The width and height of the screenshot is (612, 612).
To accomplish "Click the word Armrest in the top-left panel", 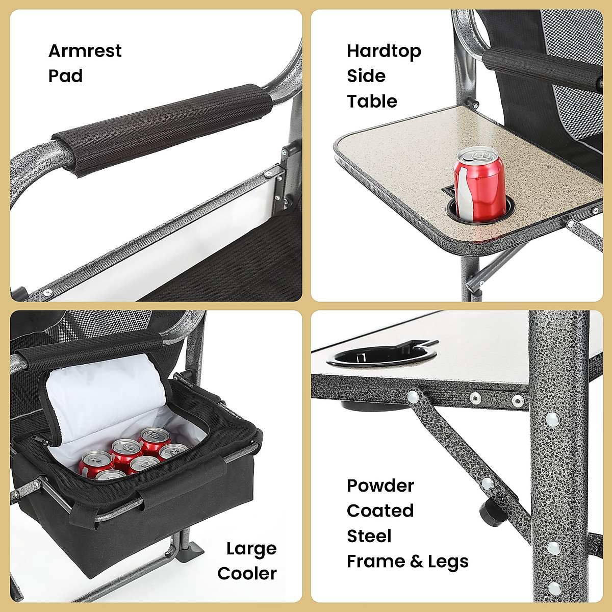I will tap(85, 51).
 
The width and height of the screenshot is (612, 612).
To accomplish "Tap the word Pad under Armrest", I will tap(65, 76).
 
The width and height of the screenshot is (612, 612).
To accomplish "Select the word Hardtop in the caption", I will tap(384, 51).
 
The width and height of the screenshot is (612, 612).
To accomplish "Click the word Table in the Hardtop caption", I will tap(372, 101).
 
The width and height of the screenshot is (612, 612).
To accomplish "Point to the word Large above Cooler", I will tap(251, 549).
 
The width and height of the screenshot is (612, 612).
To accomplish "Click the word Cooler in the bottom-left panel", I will tap(247, 573).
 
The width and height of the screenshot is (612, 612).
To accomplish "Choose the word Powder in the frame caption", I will tap(380, 486).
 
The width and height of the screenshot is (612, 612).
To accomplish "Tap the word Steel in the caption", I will tap(369, 536).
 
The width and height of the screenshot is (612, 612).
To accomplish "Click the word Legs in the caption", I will tap(448, 561).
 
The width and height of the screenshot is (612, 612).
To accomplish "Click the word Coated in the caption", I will tap(380, 511).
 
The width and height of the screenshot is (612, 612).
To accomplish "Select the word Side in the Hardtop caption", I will tap(366, 76).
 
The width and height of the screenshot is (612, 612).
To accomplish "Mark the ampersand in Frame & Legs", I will tap(416, 561).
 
